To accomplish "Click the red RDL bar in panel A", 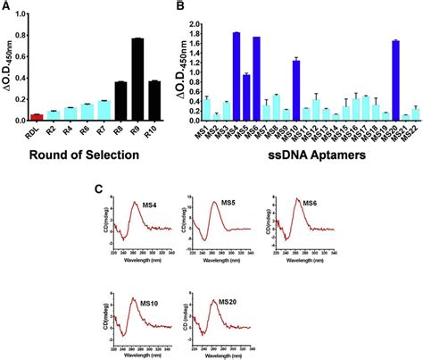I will point(37,116).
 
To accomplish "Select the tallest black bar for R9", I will point(138,80).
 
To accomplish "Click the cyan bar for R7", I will point(104,110).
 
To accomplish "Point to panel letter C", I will point(100,188).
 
